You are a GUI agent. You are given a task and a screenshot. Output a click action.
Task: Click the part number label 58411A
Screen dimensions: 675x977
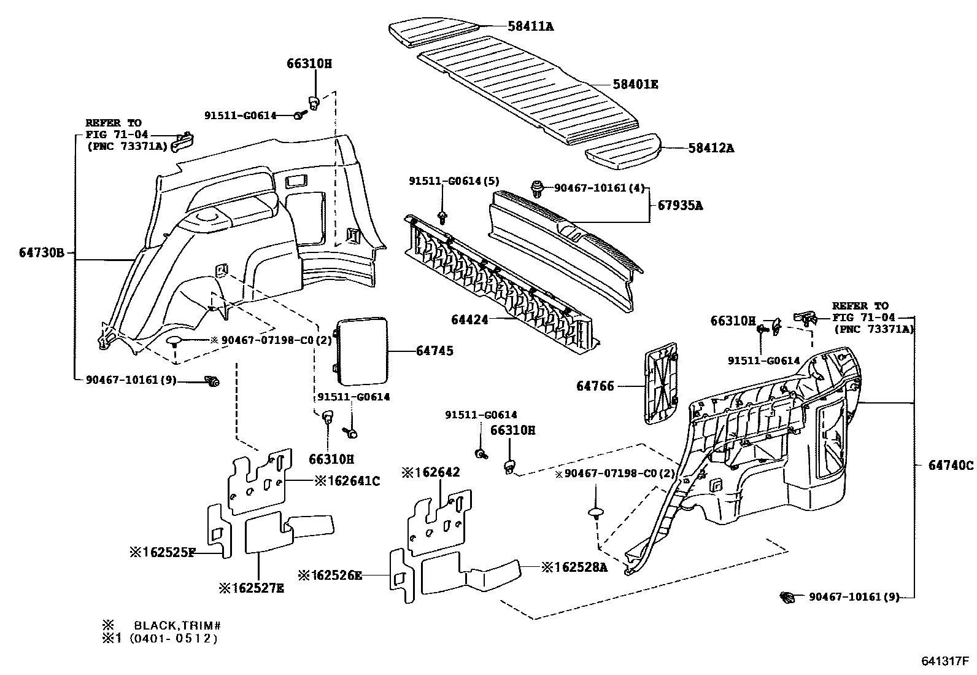click(x=530, y=26)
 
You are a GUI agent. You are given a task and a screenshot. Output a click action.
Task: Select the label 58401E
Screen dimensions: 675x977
click(x=635, y=85)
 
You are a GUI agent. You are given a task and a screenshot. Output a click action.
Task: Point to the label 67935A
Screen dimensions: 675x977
click(x=681, y=206)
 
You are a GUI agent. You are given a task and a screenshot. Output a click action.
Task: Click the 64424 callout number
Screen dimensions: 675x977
click(x=470, y=319)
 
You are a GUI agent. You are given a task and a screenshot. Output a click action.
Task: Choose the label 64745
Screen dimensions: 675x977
click(x=434, y=351)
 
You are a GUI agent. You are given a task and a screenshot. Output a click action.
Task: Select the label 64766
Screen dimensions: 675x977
click(x=595, y=386)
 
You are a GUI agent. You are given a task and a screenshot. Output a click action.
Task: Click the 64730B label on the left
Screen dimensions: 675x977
click(x=41, y=253)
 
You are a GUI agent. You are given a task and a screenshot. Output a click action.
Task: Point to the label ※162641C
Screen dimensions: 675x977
click(x=347, y=481)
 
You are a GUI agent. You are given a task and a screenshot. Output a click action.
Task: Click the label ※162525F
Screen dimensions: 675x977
click(x=162, y=553)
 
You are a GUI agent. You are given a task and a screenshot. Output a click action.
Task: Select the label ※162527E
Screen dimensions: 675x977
click(x=252, y=588)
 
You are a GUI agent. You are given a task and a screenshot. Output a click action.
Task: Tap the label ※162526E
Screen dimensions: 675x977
click(x=330, y=576)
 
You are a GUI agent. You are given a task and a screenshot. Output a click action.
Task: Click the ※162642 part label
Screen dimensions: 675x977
click(x=431, y=472)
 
